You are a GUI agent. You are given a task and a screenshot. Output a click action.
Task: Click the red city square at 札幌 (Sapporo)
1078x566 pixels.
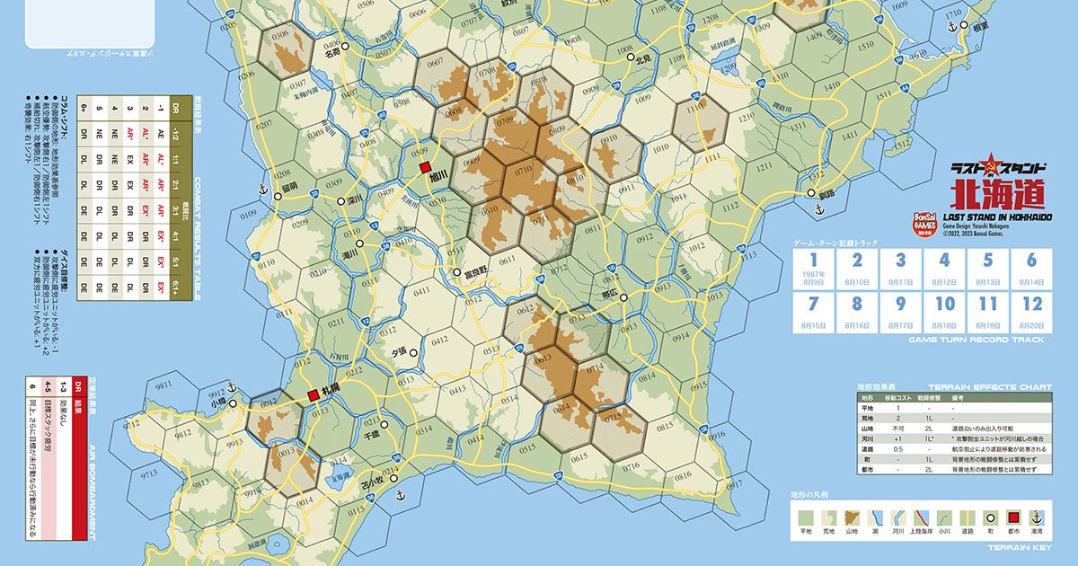313,395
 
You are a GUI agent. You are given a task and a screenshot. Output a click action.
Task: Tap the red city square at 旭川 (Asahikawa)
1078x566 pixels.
426,167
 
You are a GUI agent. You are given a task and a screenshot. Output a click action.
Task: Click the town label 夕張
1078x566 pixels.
398,353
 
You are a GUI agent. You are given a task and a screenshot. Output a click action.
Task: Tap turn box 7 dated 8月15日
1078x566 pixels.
814,311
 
